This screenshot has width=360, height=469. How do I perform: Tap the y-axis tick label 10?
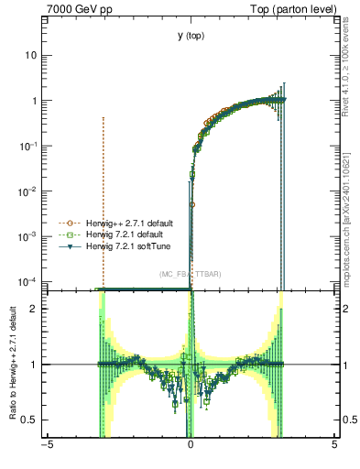[31, 55]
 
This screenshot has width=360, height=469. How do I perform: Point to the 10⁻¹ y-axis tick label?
[28, 146]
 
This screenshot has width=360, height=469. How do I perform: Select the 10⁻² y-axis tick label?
[28, 191]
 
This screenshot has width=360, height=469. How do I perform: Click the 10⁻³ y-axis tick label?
[28, 235]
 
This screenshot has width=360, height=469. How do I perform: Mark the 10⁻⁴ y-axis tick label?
[28, 280]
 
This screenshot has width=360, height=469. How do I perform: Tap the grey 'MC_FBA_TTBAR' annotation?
[191, 274]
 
